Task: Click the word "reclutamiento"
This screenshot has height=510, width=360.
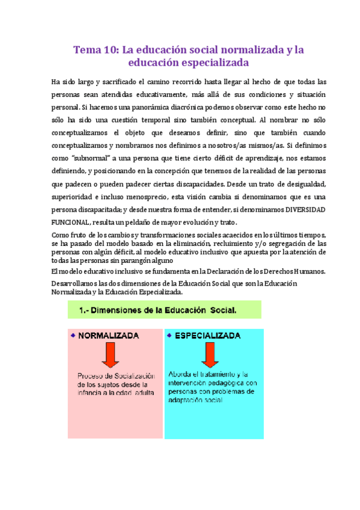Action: point(234,243)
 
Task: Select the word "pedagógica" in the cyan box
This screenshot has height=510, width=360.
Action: point(218,382)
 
